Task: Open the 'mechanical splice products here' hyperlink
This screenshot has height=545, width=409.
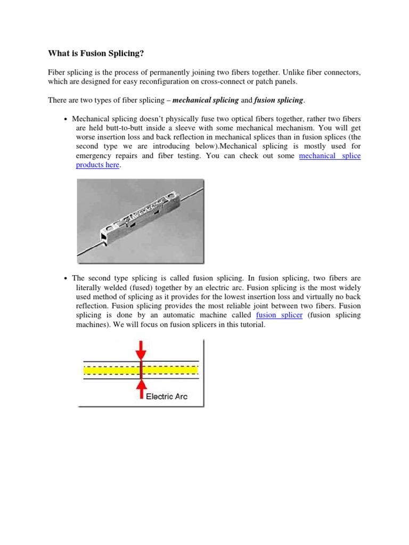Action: click(x=330, y=156)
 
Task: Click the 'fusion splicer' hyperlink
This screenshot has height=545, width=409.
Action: click(x=279, y=315)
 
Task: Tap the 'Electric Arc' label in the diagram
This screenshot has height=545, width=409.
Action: click(x=167, y=396)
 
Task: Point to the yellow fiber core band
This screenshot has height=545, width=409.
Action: click(x=170, y=369)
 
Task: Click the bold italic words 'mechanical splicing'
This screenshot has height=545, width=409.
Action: click(x=205, y=100)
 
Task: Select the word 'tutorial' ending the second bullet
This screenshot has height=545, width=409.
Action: click(x=251, y=325)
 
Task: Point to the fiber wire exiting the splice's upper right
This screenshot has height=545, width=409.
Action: click(x=194, y=187)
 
